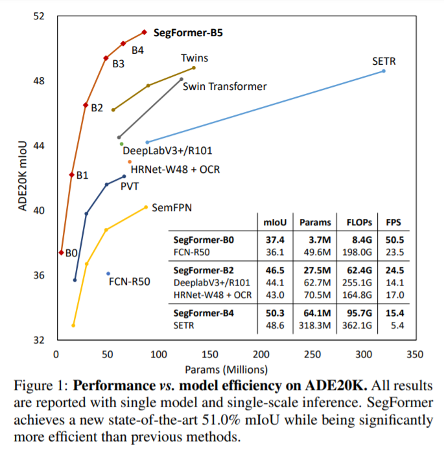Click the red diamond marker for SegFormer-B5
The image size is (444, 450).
coord(145,32)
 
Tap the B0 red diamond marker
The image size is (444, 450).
coord(61,253)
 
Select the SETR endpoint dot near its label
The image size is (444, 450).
coord(384,71)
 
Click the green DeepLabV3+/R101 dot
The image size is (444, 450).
coord(122,144)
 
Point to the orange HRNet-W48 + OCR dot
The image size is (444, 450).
coord(130,162)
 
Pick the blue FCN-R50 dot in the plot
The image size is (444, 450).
coord(108,273)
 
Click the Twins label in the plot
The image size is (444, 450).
coord(194,58)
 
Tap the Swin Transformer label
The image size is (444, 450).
coord(225,86)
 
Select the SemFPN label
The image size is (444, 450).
coord(172,207)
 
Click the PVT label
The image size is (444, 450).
coord(130,186)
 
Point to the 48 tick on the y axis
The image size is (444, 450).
coord(39,81)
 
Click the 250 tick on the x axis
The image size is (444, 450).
coord(312,354)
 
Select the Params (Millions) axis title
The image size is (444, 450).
coord(226,369)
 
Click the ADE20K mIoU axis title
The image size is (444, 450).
coord(23,176)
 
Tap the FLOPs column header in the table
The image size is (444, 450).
coord(359,223)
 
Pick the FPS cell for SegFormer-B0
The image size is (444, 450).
coord(395,240)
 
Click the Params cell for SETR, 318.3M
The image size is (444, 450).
coord(314,326)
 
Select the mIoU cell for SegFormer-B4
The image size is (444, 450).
coord(275,313)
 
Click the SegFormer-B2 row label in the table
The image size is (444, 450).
coord(204,271)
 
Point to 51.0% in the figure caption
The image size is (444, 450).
coord(221,420)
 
